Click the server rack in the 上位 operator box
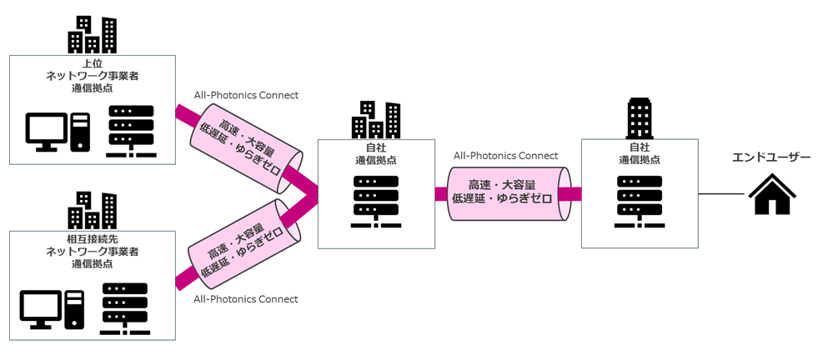[131, 132]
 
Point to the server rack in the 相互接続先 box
[125, 309]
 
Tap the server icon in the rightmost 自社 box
[640, 202]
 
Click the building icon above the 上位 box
[93, 34]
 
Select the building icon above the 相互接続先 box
[93, 211]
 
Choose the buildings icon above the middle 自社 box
[376, 119]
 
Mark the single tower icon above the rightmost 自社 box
[640, 117]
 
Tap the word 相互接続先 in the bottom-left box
[93, 240]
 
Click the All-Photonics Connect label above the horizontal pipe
[505, 156]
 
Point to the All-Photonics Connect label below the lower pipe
[246, 299]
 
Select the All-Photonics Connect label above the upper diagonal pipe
[246, 95]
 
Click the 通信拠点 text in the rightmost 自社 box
[640, 160]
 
